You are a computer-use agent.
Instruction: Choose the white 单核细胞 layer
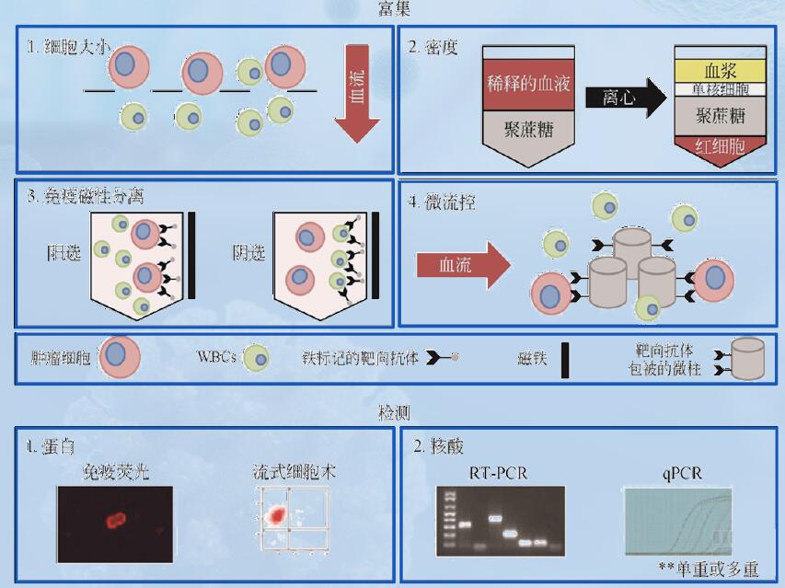tap(722, 90)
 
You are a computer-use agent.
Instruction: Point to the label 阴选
tap(248, 251)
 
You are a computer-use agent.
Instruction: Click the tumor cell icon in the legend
tap(118, 357)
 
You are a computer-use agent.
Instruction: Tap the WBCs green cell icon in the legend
tap(256, 357)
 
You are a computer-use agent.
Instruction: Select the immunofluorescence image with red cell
tap(114, 522)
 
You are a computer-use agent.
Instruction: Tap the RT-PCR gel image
tap(500, 521)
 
